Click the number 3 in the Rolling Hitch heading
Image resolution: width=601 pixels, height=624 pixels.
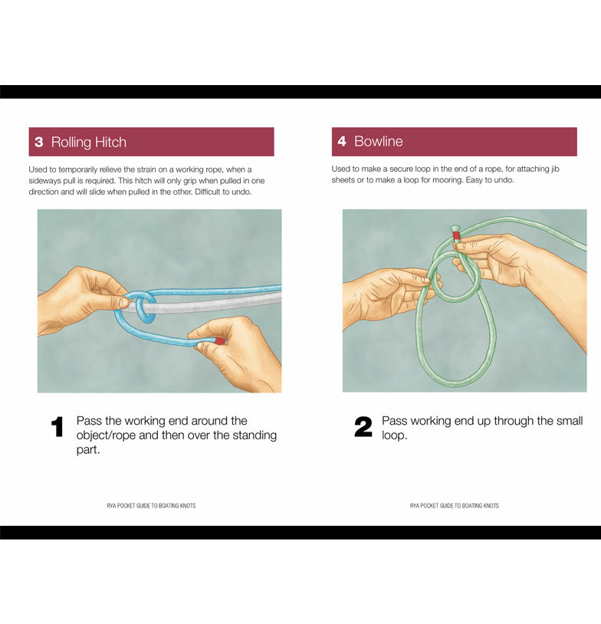[x=38, y=142]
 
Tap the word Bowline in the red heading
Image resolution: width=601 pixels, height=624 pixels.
[x=379, y=141]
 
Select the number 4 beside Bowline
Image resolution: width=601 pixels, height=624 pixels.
[x=342, y=141]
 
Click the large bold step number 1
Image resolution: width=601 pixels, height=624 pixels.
[x=57, y=427]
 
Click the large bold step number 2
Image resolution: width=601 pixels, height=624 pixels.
[x=363, y=427]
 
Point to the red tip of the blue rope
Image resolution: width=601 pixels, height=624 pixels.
[x=220, y=341]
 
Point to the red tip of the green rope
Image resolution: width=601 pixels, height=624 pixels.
[x=457, y=235]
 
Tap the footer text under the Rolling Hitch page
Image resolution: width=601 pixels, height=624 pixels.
[x=151, y=506]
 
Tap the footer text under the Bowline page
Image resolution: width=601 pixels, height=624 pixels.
[x=455, y=506]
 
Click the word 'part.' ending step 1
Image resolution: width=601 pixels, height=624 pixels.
[x=88, y=450]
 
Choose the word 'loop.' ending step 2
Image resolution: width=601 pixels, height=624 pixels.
[x=395, y=435]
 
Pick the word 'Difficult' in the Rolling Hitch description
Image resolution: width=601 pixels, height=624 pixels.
[x=209, y=192]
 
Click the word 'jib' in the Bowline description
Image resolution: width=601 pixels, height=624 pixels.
[x=555, y=169]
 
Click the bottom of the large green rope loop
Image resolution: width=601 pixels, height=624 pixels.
[x=455, y=383]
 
